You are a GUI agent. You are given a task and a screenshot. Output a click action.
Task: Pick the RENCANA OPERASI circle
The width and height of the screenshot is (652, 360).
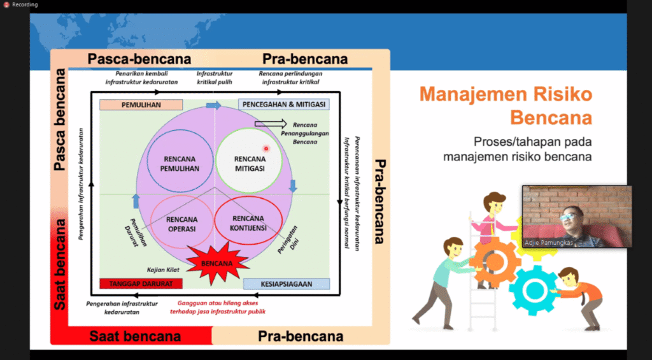coord(182,223)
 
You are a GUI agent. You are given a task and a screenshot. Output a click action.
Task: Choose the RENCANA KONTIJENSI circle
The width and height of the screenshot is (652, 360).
coord(249,222)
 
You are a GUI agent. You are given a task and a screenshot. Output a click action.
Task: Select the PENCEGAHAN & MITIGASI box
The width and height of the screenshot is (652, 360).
coord(283,104)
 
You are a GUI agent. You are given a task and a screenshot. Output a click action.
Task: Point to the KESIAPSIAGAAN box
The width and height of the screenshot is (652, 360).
coord(286,284)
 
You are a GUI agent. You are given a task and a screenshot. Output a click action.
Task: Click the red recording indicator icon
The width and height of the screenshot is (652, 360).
coord(6,4)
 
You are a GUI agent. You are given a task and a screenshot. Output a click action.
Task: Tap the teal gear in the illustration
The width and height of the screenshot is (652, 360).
coord(532,290)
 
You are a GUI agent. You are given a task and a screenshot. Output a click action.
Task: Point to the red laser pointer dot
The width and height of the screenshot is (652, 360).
coord(266,148)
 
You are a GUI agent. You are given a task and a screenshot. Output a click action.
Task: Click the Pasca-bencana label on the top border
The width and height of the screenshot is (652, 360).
coord(139,59)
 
